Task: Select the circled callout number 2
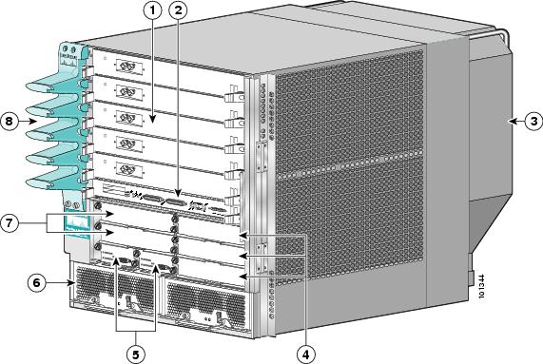(177, 12)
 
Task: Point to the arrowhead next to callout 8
(31, 121)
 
